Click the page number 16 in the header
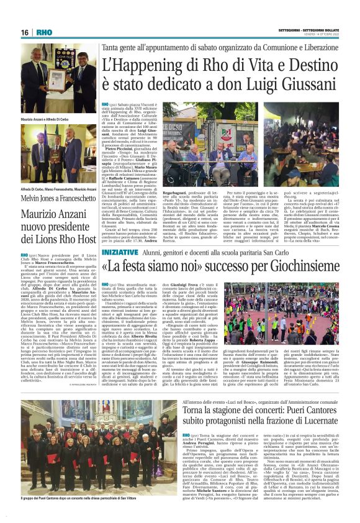pyautogui.click(x=25, y=32)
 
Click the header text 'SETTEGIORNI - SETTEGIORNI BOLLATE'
pyautogui.click(x=311, y=30)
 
